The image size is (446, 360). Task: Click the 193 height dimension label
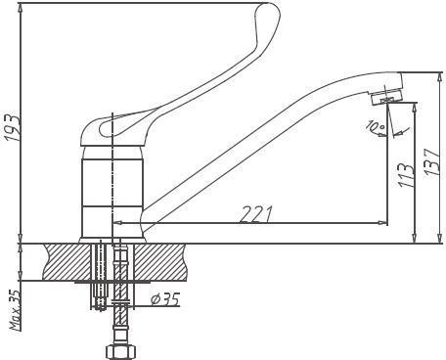(x=13, y=127)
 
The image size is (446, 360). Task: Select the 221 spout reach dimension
(x=255, y=214)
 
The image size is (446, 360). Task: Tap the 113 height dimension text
(x=406, y=174)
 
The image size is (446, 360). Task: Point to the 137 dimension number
(x=432, y=162)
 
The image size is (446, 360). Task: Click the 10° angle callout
(x=376, y=128)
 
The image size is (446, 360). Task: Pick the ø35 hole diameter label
(x=165, y=298)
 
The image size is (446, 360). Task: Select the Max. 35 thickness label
(x=16, y=310)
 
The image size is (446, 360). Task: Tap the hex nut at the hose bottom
(x=120, y=352)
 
